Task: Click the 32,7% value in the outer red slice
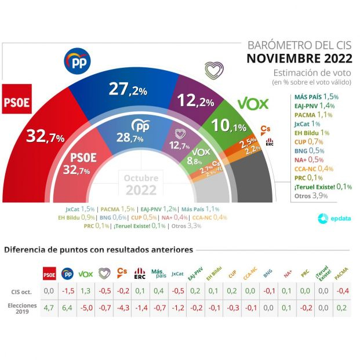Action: (x=45, y=136)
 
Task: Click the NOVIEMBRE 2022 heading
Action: (x=299, y=58)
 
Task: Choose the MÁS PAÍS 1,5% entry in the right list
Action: (x=316, y=96)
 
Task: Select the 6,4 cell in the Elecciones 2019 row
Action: (x=67, y=308)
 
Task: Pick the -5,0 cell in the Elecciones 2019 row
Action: (x=86, y=308)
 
